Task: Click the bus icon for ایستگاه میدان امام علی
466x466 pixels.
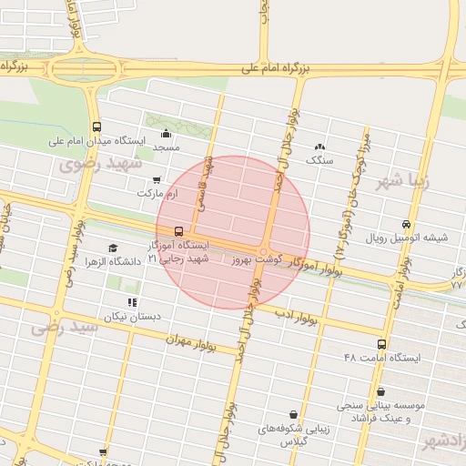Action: (x=97, y=127)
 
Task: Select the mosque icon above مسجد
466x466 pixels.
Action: (x=166, y=135)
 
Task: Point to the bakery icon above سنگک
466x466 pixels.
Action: (x=319, y=147)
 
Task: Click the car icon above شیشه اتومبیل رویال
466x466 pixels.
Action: (x=406, y=224)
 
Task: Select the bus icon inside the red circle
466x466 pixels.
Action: (x=177, y=231)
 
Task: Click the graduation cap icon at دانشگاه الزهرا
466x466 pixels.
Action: (x=113, y=248)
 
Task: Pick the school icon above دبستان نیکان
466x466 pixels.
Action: (x=132, y=302)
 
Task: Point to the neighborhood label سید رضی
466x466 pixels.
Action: (x=64, y=325)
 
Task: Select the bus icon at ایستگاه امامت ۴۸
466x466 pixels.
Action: (x=381, y=344)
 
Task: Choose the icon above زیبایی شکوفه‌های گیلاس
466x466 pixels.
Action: (x=293, y=414)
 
